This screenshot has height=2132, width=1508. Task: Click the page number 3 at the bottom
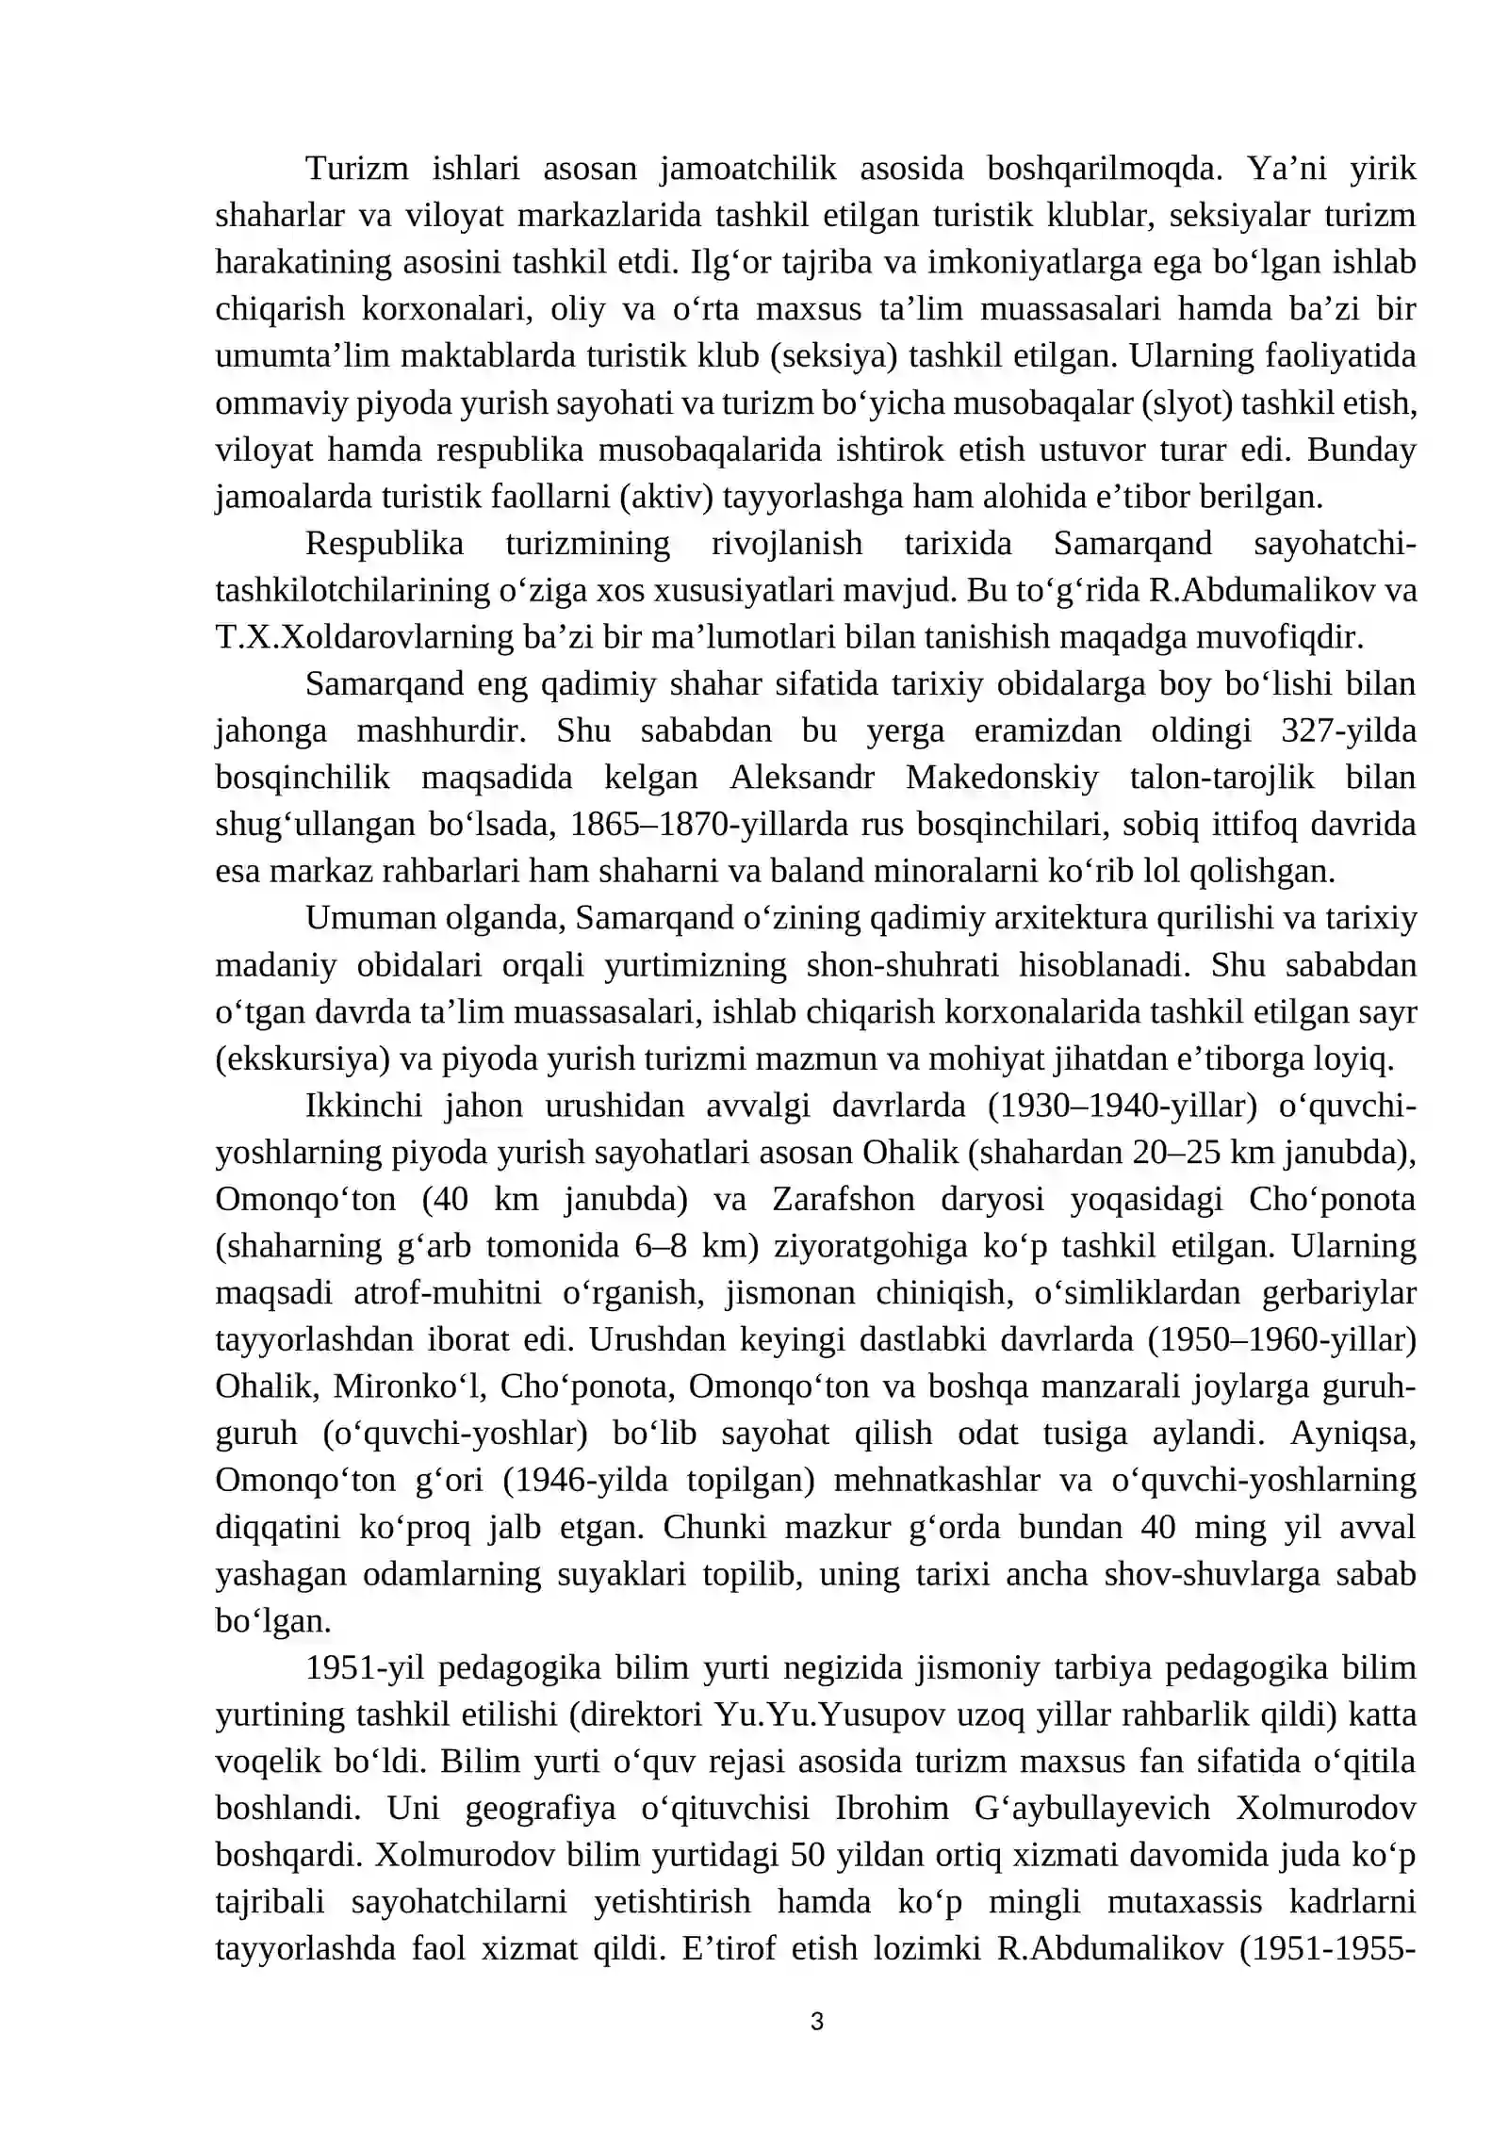pos(816,2020)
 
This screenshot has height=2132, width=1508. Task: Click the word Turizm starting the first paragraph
pos(356,169)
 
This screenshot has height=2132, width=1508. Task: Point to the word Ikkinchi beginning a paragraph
pos(364,1106)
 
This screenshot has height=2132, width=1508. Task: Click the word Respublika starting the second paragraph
pos(385,544)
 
